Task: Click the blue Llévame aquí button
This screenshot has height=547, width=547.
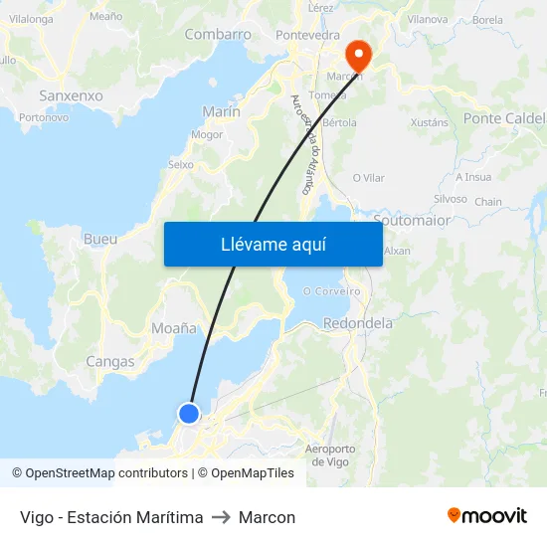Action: click(x=273, y=244)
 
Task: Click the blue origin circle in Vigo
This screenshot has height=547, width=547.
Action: click(x=188, y=413)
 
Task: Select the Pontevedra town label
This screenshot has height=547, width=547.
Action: click(x=307, y=35)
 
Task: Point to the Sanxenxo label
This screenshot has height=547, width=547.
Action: click(x=71, y=96)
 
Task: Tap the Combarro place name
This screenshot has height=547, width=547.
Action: click(x=218, y=34)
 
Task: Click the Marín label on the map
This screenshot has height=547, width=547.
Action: click(x=221, y=112)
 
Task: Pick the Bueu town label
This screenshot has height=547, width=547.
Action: click(x=100, y=240)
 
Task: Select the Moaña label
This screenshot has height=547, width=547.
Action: click(x=174, y=328)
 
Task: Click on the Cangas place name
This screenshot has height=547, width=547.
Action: click(x=110, y=362)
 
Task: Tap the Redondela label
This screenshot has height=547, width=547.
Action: click(x=358, y=323)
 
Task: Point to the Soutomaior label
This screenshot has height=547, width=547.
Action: click(x=411, y=220)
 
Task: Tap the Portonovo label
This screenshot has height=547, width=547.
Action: click(x=44, y=116)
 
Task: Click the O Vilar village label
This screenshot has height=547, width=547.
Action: click(x=368, y=178)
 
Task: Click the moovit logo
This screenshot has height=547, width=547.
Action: click(x=486, y=516)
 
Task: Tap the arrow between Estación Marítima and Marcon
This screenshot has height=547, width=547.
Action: click(x=221, y=517)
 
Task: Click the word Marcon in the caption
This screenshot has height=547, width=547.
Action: click(x=267, y=517)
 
